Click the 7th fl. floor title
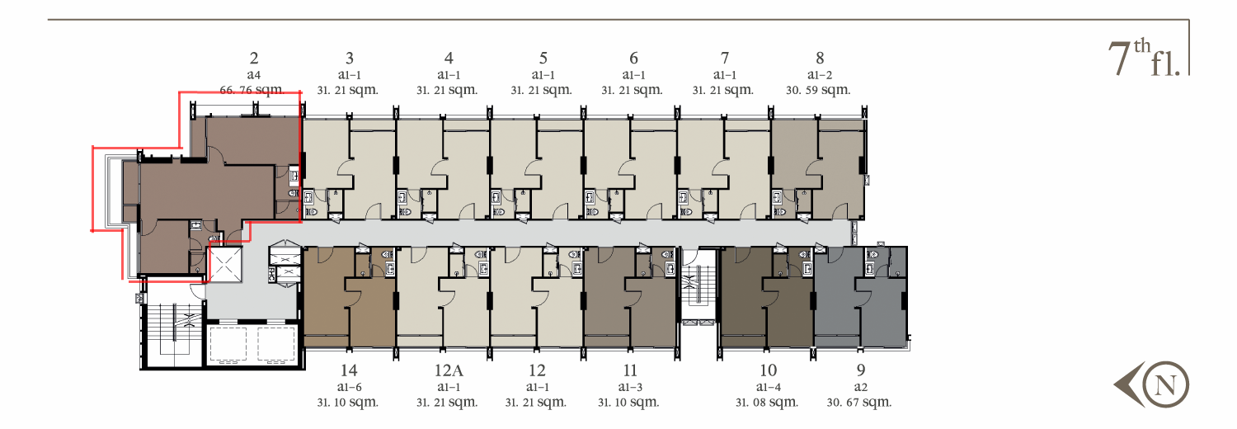tap(1144, 58)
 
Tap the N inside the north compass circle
tap(1165, 384)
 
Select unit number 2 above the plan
tap(254, 58)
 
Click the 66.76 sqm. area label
tap(252, 89)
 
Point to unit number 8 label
tap(820, 58)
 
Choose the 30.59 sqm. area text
tap(818, 90)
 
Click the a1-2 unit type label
tap(820, 75)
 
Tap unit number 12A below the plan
tap(449, 370)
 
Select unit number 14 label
tap(349, 370)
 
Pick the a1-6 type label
tap(349, 387)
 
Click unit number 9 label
tap(860, 370)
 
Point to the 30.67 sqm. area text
tap(858, 403)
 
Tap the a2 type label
tap(860, 388)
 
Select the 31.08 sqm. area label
tap(766, 403)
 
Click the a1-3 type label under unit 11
tap(630, 387)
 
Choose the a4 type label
tap(253, 75)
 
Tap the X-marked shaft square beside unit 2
tap(225, 265)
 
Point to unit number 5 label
tap(543, 58)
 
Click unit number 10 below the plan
tap(768, 370)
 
